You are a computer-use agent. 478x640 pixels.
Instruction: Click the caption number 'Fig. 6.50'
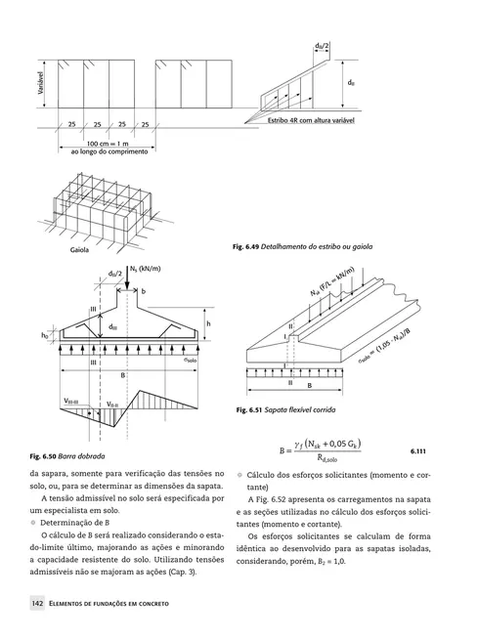click(x=46, y=456)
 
